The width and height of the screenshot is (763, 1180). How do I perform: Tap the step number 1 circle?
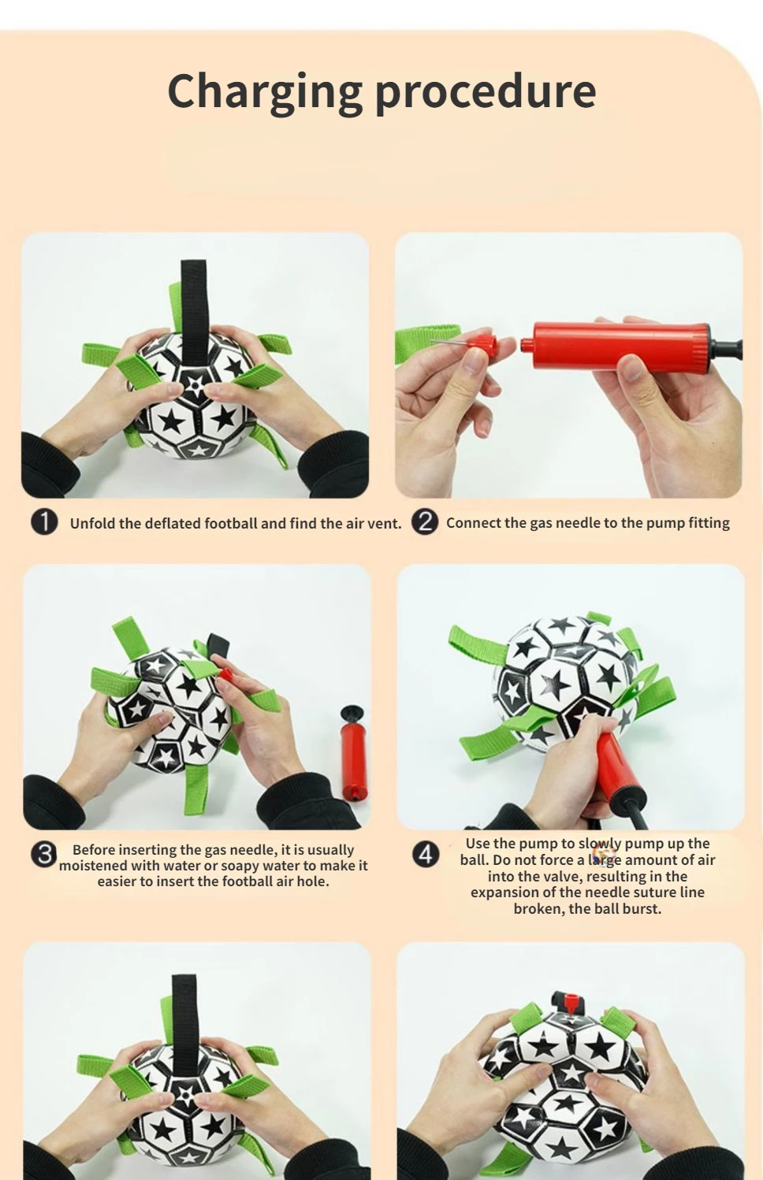pos(44,522)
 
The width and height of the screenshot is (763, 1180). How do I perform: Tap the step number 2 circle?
pos(425,521)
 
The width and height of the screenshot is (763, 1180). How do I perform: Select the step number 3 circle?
pos(44,854)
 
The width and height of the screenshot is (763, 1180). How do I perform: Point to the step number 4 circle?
pos(426,854)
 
